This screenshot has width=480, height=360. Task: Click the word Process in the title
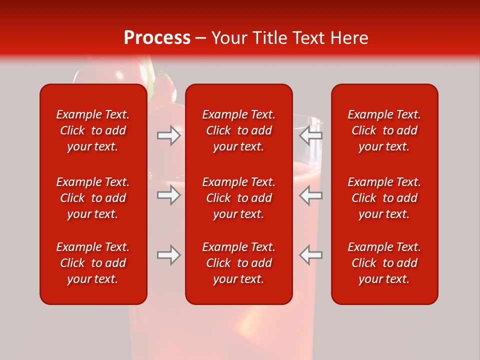157,38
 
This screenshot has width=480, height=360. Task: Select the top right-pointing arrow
169,135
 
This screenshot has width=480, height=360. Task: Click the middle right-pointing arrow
169,195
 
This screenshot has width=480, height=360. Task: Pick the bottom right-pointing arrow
169,255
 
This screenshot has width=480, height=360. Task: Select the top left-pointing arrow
310,135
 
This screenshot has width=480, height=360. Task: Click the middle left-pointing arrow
310,195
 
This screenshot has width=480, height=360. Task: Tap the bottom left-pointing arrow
310,255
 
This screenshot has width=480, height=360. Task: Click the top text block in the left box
93,130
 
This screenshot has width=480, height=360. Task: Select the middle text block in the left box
93,198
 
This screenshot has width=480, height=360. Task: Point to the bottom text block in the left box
93,263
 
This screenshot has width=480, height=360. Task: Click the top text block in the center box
238,130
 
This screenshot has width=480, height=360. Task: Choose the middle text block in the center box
238,198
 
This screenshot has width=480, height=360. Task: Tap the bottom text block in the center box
238,263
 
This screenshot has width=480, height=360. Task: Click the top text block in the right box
384,130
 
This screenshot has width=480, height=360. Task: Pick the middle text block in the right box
384,198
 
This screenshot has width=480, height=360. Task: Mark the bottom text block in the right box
384,263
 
